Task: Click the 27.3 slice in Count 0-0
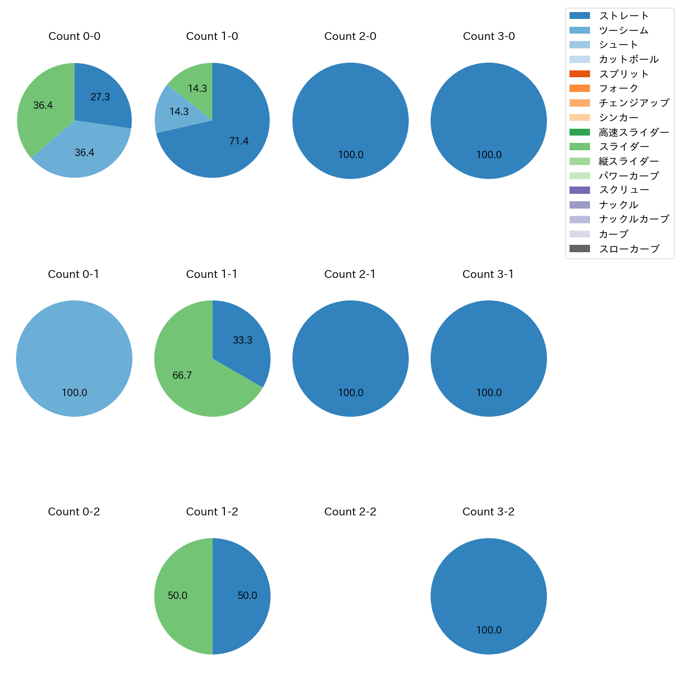click(100, 97)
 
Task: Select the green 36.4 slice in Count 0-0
click(43, 106)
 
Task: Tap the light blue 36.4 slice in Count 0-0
click(84, 152)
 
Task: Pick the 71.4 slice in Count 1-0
click(239, 140)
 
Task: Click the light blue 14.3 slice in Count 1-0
click(179, 111)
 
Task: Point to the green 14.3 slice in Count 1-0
click(198, 88)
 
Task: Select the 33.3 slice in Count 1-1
click(242, 340)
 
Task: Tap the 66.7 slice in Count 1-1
click(182, 375)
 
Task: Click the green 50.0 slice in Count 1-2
click(178, 595)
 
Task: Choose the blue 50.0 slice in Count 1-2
click(247, 595)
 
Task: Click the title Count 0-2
click(74, 512)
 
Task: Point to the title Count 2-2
click(350, 512)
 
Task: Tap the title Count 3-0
click(489, 36)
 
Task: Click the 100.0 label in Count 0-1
click(75, 392)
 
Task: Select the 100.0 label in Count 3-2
click(489, 630)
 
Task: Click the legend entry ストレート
click(624, 16)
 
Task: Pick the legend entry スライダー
click(624, 147)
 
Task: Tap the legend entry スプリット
click(624, 74)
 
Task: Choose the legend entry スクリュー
click(624, 190)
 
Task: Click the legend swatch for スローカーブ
click(579, 249)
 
